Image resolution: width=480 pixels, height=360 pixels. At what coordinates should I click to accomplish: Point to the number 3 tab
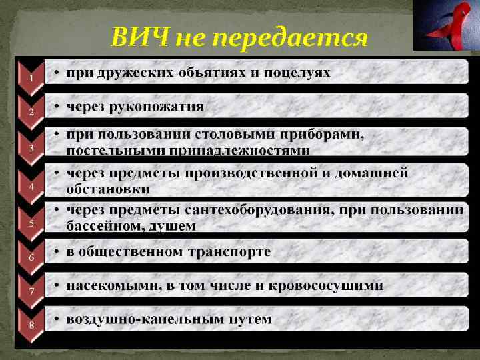pyautogui.click(x=31, y=148)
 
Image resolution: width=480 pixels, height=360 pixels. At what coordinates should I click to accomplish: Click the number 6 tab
pyautogui.click(x=31, y=257)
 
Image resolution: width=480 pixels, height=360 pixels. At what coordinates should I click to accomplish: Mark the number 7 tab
pyautogui.click(x=31, y=291)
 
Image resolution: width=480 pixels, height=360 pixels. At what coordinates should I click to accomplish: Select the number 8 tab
pyautogui.click(x=31, y=325)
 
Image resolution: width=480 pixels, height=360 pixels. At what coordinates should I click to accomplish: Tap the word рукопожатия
pyautogui.click(x=157, y=107)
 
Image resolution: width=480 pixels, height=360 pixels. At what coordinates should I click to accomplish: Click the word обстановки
pyautogui.click(x=108, y=190)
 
